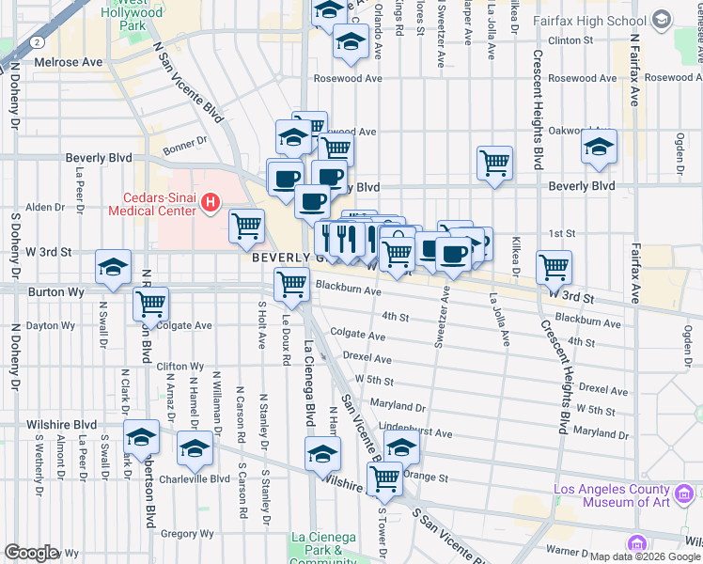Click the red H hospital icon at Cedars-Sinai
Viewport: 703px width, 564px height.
pos(212,201)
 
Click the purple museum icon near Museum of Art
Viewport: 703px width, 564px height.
pos(636,543)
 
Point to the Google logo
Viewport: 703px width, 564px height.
pos(31,553)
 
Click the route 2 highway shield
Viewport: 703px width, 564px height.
pos(35,43)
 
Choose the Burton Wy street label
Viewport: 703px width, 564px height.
pos(47,292)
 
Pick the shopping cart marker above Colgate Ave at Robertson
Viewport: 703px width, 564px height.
pos(150,304)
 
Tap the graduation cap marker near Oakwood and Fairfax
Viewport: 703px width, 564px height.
pos(598,147)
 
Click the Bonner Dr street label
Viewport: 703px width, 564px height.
pos(183,144)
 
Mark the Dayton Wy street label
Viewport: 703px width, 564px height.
pos(50,325)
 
